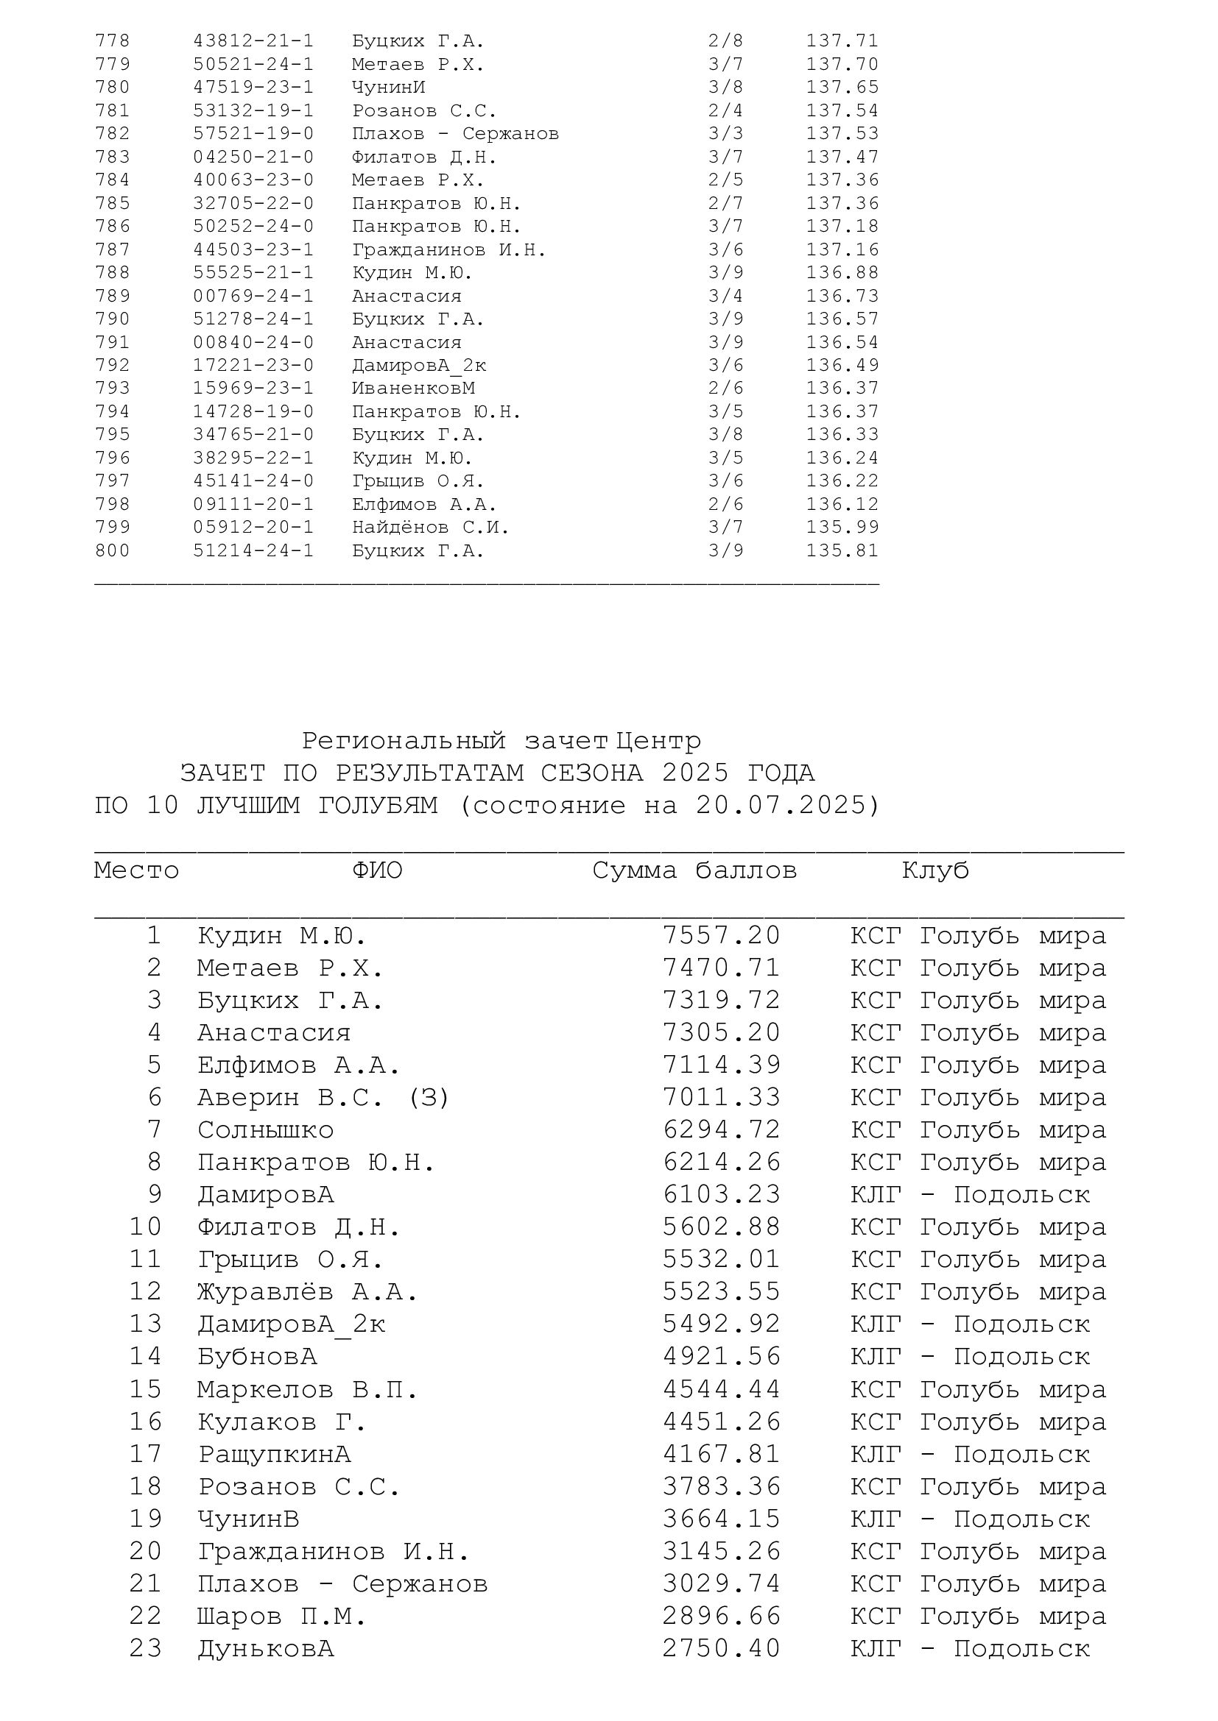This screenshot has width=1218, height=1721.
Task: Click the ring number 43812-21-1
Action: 253,41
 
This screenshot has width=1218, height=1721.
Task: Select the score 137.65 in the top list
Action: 842,88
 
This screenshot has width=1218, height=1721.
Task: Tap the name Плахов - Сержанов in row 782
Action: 455,134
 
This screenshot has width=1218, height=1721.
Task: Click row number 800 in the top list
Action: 113,551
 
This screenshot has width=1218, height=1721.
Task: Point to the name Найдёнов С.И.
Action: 431,528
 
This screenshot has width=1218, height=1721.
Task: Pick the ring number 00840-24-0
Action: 253,343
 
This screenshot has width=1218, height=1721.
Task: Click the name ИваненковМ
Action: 413,388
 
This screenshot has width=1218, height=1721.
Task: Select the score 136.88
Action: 842,273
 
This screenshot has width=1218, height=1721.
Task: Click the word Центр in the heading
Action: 658,742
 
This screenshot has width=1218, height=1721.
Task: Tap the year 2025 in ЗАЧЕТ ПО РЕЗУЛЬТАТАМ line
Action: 695,773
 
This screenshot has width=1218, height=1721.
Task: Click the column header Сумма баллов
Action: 694,870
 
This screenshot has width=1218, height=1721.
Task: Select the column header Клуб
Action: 935,870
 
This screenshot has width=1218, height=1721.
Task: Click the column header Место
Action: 136,870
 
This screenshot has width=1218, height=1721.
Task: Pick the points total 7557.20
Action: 722,935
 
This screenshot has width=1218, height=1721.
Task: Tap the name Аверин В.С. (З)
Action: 323,1097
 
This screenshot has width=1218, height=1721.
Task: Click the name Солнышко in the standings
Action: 266,1129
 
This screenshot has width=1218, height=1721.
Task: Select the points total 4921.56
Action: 722,1356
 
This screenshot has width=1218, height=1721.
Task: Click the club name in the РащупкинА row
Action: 970,1454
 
